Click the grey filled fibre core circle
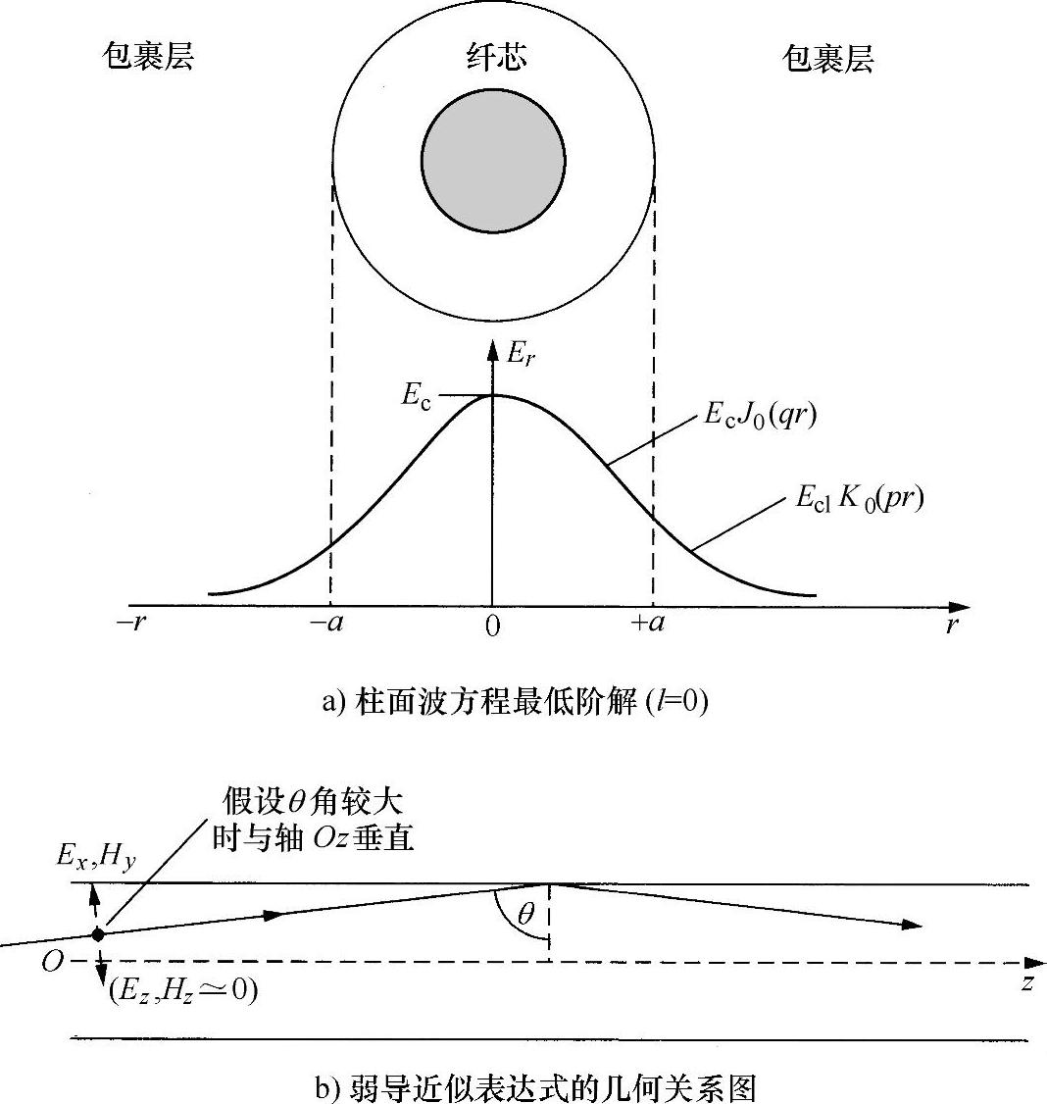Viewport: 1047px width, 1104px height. (493, 161)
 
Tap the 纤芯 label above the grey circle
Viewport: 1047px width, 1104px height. (495, 58)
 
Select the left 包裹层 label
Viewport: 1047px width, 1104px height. (149, 58)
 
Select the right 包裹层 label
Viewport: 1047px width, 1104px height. (828, 60)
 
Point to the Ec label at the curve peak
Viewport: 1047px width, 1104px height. (417, 396)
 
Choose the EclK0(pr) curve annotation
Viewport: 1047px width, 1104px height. (859, 501)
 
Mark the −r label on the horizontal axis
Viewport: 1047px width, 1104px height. (131, 625)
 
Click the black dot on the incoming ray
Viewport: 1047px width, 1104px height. (97, 934)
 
